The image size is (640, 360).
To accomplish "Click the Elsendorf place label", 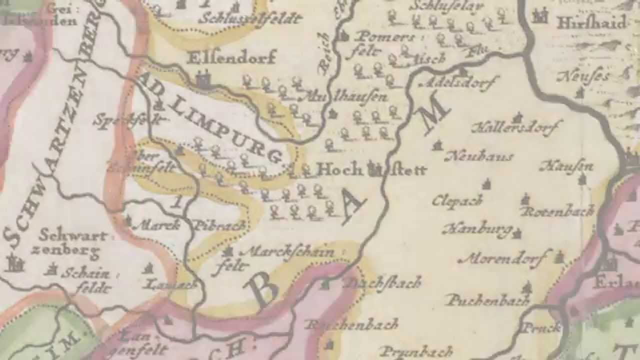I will pyautogui.click(x=231, y=57).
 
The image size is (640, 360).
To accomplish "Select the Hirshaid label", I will pyautogui.click(x=591, y=23).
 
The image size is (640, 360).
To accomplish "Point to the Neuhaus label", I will pyautogui.click(x=478, y=156).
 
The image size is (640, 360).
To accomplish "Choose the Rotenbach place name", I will pyautogui.click(x=557, y=211).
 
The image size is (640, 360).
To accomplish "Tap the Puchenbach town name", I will pyautogui.click(x=488, y=300).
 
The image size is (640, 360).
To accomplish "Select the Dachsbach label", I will pyautogui.click(x=383, y=283).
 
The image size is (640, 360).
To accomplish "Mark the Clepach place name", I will pyautogui.click(x=457, y=200).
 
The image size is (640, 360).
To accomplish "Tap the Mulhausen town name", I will pyautogui.click(x=343, y=97).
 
